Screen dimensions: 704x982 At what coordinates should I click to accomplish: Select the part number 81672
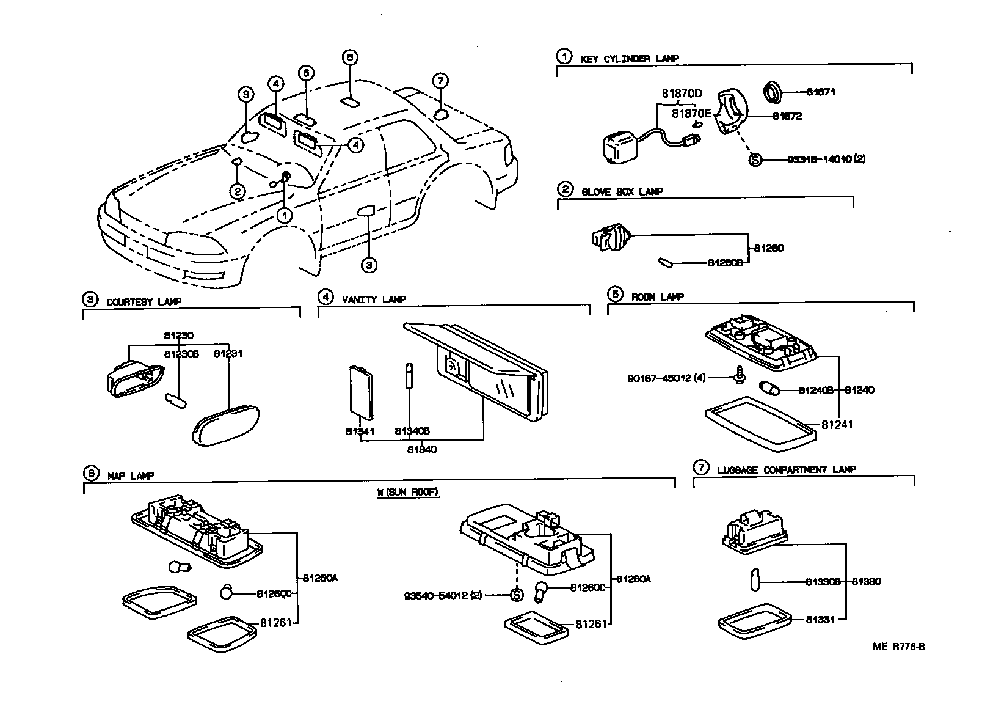(787, 116)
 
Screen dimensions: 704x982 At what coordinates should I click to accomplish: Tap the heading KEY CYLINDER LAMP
(629, 59)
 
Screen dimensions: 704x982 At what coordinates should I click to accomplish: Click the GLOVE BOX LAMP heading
(622, 191)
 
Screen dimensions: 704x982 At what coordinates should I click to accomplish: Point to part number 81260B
(725, 262)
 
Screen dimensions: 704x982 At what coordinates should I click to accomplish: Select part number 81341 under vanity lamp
(360, 431)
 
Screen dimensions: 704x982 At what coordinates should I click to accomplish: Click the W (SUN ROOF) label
(408, 492)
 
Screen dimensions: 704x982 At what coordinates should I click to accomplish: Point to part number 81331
(820, 619)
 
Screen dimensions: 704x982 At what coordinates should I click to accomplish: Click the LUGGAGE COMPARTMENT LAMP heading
(786, 469)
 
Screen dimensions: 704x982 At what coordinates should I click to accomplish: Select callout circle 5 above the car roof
(349, 58)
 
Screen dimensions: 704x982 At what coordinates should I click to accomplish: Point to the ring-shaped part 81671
(774, 92)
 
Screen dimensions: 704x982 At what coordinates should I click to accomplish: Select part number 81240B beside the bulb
(815, 390)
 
